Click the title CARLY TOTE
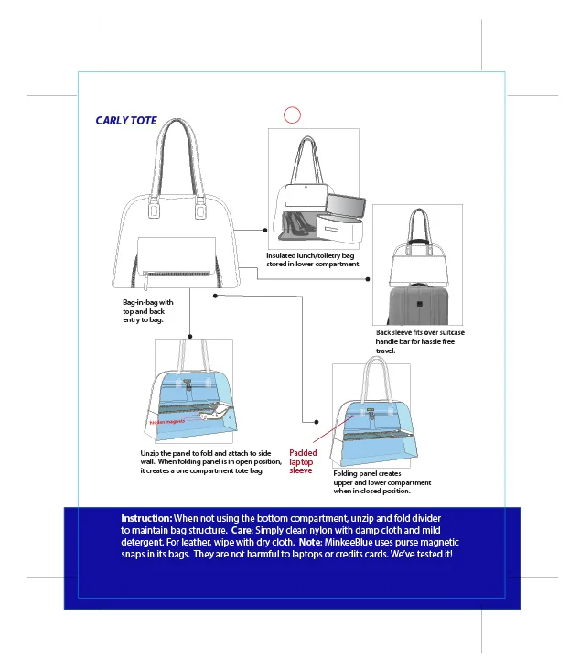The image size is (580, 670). point(126,121)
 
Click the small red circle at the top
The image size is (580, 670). point(292,114)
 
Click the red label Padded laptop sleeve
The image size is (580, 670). point(303,461)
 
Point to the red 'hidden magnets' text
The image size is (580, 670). point(167,421)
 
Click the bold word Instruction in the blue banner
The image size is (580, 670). point(146,518)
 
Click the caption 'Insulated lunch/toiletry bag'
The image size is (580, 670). point(310,255)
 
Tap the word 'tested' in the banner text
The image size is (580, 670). point(426,554)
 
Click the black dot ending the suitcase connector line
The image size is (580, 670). point(374,281)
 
